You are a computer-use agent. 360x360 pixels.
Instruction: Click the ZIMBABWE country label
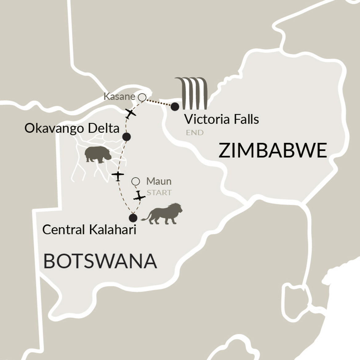[272, 151]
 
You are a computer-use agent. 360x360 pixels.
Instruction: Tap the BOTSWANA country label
[100, 261]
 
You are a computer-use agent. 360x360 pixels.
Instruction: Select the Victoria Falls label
[221, 119]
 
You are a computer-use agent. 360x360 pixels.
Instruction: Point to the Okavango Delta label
[72, 128]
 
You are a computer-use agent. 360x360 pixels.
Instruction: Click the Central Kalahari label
[89, 230]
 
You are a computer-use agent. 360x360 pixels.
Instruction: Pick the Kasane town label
[119, 97]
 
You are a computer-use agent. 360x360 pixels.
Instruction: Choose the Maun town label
[159, 181]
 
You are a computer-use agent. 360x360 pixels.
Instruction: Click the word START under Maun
[159, 193]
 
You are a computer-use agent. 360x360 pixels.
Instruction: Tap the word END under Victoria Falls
[194, 133]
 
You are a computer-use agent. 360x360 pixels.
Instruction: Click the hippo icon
[98, 154]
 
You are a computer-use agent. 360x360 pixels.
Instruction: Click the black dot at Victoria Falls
[175, 106]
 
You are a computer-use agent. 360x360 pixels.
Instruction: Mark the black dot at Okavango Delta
[126, 137]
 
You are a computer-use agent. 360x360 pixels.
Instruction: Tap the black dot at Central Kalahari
[133, 218]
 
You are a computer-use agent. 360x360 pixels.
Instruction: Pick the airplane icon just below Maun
[139, 196]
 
